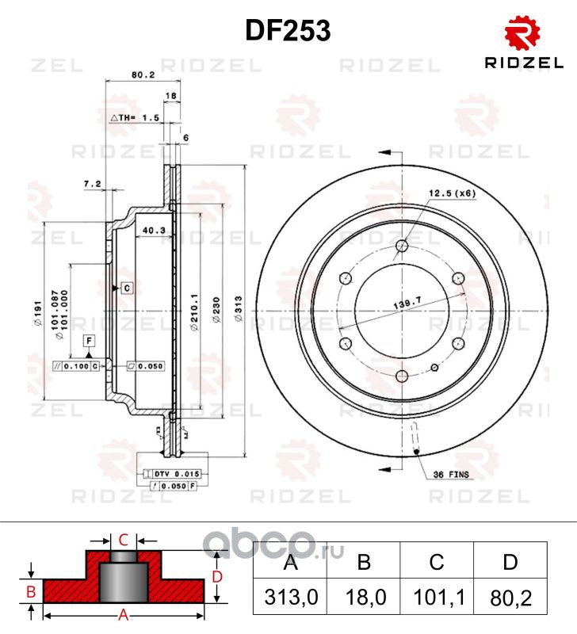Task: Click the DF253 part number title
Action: (x=288, y=31)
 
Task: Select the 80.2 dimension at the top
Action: (x=143, y=77)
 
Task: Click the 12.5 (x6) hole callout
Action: (x=453, y=193)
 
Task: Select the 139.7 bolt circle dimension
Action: (x=405, y=304)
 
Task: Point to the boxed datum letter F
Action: (x=90, y=342)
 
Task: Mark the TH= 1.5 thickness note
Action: (x=138, y=116)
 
